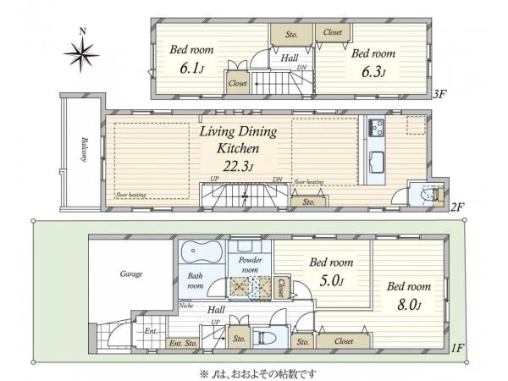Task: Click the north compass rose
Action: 81,53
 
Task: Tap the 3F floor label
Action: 439,94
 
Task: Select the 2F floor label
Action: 457,207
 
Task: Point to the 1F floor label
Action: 457,348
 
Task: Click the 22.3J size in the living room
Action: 238,166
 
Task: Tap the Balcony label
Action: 85,150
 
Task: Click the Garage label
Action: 131,274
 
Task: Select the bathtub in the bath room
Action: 202,252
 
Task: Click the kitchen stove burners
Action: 376,127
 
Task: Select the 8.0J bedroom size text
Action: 409,305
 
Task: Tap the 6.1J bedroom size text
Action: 192,69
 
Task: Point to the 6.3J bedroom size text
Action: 373,72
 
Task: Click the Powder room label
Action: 250,265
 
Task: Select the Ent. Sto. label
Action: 183,344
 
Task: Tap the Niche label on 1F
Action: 186,306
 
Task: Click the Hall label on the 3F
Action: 290,58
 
